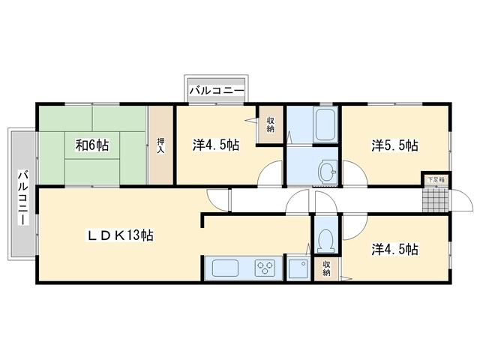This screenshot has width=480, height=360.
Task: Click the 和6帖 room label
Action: coord(91,145)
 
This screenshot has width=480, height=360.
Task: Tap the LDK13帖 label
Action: coord(121,235)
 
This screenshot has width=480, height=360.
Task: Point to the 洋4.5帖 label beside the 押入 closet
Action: coord(216,145)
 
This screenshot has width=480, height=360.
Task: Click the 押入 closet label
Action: coord(160,145)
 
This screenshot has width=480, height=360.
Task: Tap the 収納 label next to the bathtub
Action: coord(270,124)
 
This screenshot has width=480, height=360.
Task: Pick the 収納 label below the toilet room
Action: coord(327,268)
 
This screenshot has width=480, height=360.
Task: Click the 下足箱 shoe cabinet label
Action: coord(436,180)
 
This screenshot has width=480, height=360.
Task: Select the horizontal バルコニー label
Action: coord(216,91)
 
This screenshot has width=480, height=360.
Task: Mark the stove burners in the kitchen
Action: coord(266,268)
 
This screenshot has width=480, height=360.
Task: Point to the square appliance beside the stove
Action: coord(298,268)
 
